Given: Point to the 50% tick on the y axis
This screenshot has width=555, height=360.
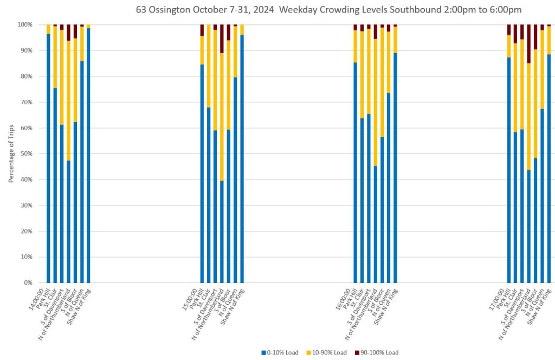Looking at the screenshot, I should coord(26,154).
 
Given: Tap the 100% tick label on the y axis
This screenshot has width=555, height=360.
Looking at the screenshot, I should coord(24,25).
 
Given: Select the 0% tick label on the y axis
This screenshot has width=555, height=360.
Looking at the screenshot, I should coord(28,283).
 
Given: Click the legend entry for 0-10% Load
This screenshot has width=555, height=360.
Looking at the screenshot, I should coord(280,352).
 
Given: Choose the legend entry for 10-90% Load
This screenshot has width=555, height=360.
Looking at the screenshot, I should coord(328,352).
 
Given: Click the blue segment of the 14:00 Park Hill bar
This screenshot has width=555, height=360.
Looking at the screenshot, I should coord(48,163).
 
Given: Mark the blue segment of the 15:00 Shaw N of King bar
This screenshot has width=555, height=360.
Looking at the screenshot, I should coord(242,163).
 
